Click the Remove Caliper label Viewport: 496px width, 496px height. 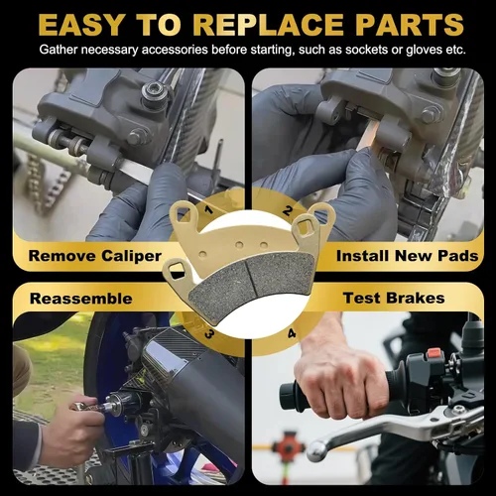[x=95, y=256]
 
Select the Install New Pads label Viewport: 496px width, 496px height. [x=408, y=256]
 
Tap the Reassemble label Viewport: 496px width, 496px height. [x=81, y=299]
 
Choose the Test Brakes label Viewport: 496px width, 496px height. [x=394, y=298]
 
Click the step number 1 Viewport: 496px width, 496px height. [x=208, y=209]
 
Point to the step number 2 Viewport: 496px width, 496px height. [x=288, y=210]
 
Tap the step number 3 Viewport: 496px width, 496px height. [x=209, y=334]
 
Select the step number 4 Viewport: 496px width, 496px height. [x=292, y=333]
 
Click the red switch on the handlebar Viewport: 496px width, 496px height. [x=434, y=354]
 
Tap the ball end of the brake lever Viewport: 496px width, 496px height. [x=316, y=451]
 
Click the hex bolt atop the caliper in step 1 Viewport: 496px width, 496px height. [x=154, y=90]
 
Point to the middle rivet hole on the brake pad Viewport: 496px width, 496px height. [x=239, y=245]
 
